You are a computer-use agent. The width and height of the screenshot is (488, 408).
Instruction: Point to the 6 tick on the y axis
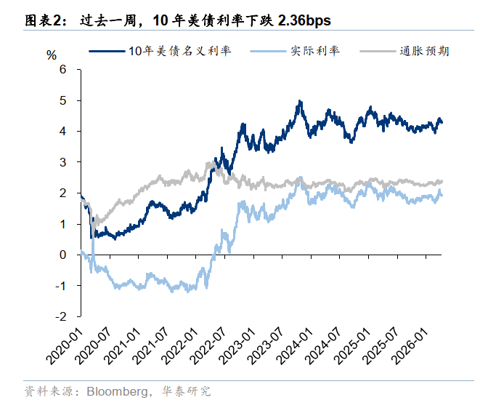click(62, 69)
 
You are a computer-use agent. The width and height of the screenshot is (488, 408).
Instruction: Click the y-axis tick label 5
click(62, 100)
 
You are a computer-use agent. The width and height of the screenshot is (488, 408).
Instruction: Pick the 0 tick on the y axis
click(62, 255)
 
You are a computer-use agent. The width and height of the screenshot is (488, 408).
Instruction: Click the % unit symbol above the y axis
click(51, 55)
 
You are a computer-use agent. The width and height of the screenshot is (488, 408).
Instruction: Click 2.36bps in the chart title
click(304, 21)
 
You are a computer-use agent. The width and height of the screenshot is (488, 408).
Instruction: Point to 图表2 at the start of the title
click(42, 21)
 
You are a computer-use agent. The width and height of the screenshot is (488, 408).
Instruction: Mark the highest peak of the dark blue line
click(299, 102)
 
